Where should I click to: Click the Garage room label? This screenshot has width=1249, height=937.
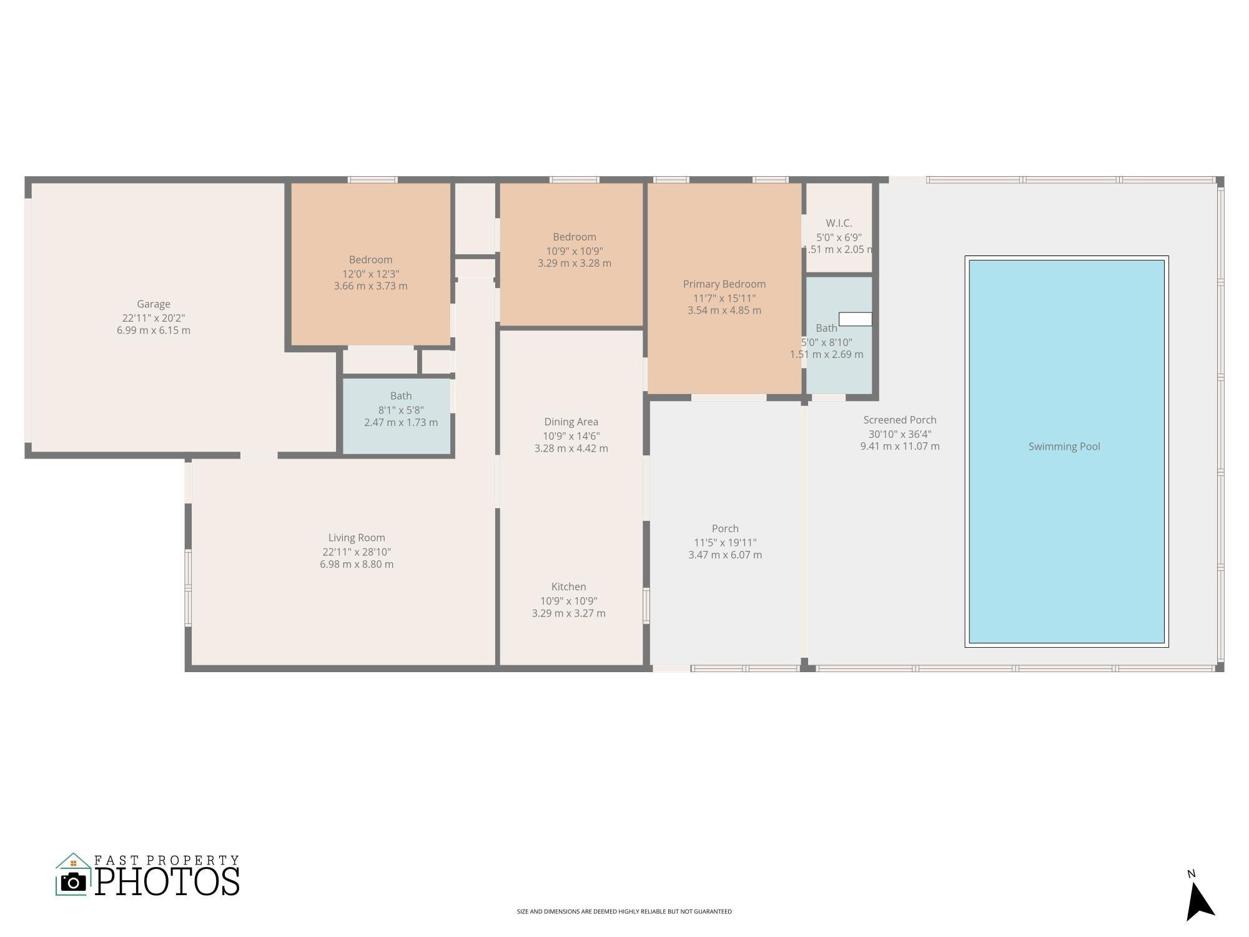154,304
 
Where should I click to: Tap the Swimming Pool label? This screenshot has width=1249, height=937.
1064,447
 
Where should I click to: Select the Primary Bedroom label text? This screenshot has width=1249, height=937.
724,284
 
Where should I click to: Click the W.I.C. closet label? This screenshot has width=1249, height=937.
839,223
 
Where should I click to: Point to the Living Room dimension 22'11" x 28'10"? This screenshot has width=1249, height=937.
357,552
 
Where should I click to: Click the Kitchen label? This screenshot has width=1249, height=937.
568,587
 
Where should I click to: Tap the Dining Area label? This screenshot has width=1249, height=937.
571,422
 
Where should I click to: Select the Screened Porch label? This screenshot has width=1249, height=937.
899,420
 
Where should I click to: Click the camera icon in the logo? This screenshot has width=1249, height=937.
74,882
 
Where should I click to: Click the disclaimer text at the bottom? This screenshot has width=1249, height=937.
624,911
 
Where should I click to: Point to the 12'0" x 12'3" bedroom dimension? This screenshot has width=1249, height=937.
370,274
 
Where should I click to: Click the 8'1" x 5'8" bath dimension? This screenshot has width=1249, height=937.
401,410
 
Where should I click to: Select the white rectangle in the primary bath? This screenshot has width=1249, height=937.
855,319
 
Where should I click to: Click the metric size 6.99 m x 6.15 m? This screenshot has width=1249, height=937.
154,330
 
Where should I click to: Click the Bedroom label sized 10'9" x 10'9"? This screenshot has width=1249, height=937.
574,237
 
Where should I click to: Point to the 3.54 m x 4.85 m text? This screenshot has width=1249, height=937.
724,310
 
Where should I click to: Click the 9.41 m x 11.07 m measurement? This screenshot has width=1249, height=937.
899,447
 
